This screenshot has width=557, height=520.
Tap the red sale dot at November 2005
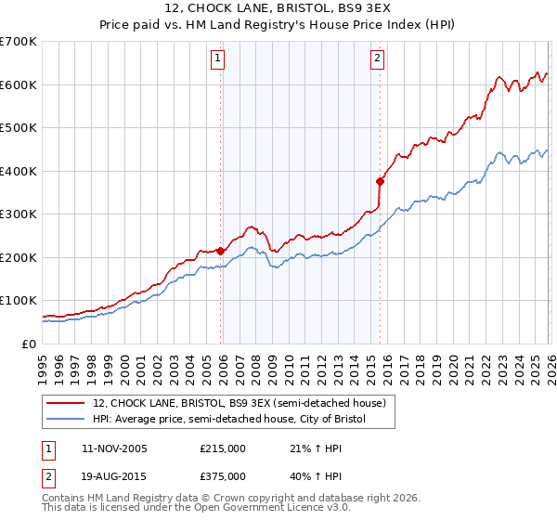220,251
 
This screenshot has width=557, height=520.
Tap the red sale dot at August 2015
380,181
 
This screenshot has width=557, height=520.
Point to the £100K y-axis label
18,301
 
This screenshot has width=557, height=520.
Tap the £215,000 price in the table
223,448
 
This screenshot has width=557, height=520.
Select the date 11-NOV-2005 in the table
114,448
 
